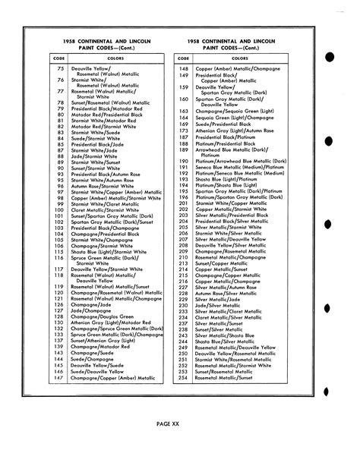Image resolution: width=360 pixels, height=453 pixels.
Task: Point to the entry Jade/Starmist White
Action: (x=99, y=156)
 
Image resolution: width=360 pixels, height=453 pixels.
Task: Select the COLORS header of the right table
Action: (x=240, y=57)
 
